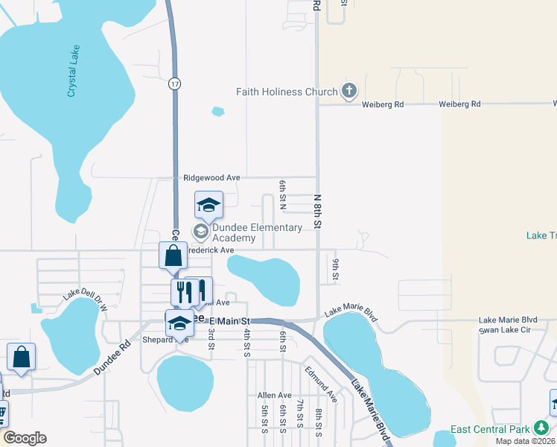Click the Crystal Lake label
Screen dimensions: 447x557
73,72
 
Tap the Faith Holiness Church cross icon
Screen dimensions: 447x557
348,92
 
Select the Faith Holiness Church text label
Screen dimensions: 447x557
287,92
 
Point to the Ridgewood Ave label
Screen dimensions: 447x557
212,177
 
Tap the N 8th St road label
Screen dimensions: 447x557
317,212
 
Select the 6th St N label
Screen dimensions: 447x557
283,194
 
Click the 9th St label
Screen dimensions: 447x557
336,270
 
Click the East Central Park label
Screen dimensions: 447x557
491,428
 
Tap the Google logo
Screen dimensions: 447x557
25,438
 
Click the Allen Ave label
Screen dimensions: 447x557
274,395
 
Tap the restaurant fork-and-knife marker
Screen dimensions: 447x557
183,291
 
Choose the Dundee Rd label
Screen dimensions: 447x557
111,359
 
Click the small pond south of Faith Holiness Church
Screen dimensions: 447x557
217,112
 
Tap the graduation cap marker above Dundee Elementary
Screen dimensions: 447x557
209,204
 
